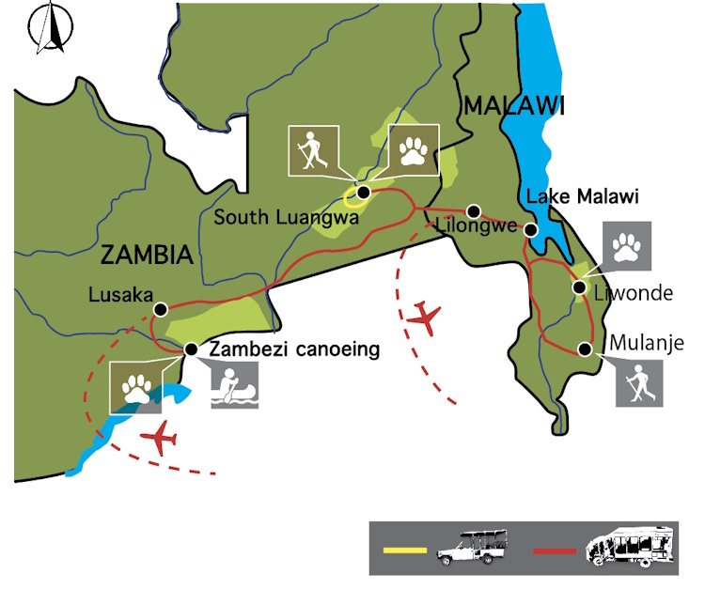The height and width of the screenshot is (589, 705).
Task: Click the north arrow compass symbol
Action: click(x=48, y=28)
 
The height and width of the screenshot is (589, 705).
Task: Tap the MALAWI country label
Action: click(x=512, y=105)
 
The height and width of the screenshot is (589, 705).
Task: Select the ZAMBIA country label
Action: click(x=146, y=254)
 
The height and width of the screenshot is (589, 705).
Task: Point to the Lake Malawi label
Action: click(x=583, y=197)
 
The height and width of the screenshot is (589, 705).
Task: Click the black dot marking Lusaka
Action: click(x=161, y=308)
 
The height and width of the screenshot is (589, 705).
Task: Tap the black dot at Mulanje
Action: click(x=585, y=349)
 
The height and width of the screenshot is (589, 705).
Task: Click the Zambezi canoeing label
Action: click(x=294, y=349)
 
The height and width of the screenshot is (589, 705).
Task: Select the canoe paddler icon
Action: click(x=232, y=385)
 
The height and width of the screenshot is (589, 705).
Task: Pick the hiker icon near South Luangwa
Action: click(x=310, y=149)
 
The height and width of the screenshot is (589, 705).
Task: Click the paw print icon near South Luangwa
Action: click(x=414, y=149)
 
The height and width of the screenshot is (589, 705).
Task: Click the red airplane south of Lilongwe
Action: click(x=425, y=318)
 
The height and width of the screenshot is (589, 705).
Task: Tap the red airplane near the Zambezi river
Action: click(x=163, y=438)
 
